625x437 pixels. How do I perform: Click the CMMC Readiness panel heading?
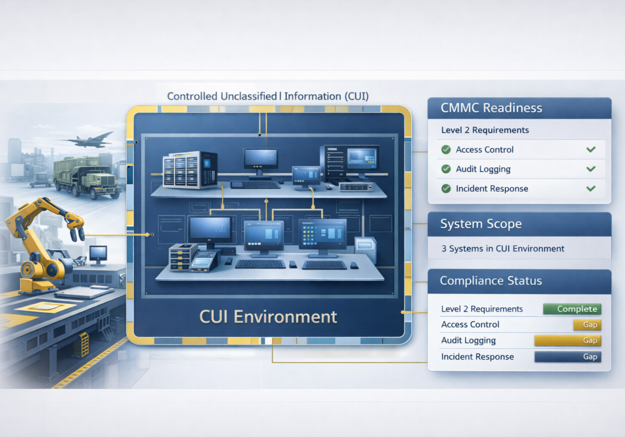492,108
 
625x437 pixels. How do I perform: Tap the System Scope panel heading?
480,223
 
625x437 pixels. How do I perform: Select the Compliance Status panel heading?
491,281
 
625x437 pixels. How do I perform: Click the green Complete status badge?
571,309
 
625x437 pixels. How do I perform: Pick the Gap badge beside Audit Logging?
567,341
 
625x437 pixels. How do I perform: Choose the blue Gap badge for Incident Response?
567,357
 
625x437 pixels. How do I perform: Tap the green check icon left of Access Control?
446,150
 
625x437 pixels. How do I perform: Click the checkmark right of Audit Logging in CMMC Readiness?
591,169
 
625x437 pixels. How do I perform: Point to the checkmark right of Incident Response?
591,189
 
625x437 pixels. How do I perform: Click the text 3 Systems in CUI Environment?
502,248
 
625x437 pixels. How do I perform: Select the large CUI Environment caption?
268,316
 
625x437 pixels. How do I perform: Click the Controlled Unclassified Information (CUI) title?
268,96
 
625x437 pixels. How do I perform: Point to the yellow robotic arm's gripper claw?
76,232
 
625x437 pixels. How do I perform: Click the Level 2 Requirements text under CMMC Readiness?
485,130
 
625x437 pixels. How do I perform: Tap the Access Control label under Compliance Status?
470,325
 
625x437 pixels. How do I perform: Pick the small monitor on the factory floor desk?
98,253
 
